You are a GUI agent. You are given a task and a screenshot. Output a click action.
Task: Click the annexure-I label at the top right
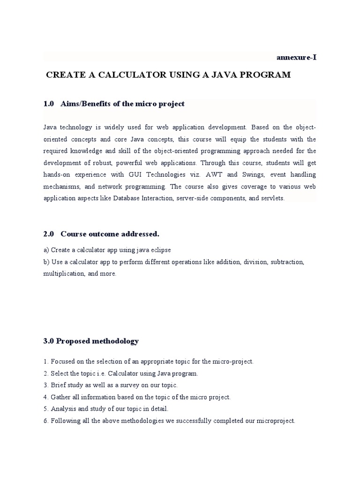(296, 58)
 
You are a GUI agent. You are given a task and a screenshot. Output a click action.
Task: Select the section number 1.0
(49, 104)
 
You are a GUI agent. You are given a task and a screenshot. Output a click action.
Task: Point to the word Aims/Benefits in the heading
(84, 104)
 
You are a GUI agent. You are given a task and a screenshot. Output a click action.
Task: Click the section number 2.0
(49, 233)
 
